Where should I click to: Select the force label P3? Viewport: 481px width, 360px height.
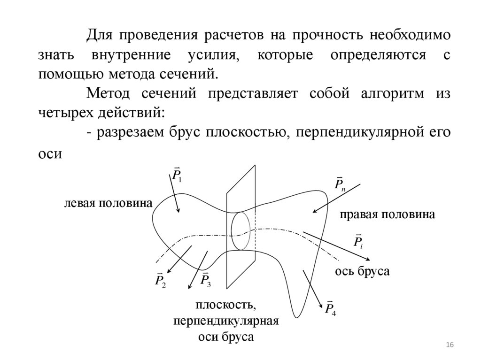point(205,280)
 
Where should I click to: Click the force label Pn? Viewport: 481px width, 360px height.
point(339,184)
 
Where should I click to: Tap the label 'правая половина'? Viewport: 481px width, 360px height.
point(388,214)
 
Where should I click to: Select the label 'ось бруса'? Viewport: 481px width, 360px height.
point(362,271)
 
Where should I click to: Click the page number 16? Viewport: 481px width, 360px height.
point(449,345)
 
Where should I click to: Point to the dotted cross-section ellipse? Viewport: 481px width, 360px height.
point(240,230)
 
